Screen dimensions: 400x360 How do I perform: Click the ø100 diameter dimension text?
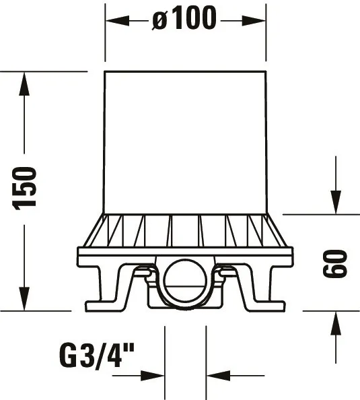(185, 20)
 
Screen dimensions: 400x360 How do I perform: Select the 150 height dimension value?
(26, 188)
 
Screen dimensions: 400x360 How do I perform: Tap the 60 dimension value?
(334, 263)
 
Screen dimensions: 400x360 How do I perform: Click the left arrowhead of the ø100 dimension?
(114, 20)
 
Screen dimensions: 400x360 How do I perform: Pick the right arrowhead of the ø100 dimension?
(256, 20)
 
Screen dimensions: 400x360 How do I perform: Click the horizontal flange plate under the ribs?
(185, 255)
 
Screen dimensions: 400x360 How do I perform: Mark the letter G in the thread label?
(69, 355)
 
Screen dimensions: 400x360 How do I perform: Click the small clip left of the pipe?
(143, 273)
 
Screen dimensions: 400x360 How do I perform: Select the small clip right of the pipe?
(227, 273)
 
